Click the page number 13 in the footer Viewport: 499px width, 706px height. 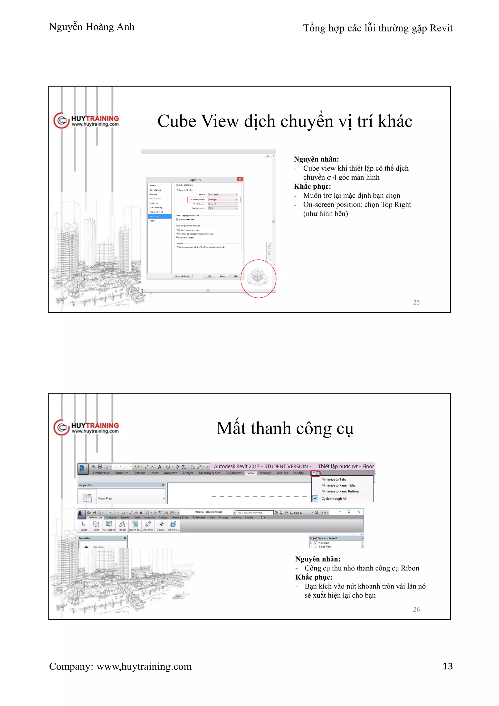(x=447, y=666)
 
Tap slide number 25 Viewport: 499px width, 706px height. (x=416, y=302)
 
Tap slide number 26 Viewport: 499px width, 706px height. (x=416, y=609)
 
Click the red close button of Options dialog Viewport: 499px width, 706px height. (x=240, y=179)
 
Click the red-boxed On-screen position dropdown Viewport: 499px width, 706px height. (x=223, y=200)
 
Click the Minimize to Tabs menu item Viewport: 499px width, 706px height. (x=334, y=479)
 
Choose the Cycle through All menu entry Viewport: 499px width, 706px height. (x=334, y=499)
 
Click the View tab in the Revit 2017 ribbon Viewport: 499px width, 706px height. (x=251, y=473)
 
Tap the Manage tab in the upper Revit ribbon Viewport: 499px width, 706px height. (x=265, y=473)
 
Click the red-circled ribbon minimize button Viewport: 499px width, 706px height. (x=315, y=473)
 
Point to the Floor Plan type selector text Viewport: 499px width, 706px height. (x=105, y=498)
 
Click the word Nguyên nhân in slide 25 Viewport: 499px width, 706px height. (x=316, y=159)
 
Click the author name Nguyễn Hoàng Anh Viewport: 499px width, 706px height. (x=92, y=27)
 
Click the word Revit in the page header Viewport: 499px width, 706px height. (x=441, y=28)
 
